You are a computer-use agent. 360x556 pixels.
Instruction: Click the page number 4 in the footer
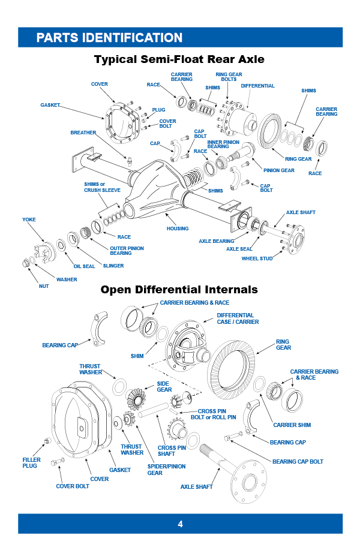pyautogui.click(x=180, y=524)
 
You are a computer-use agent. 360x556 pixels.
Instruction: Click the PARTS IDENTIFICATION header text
pyautogui.click(x=109, y=38)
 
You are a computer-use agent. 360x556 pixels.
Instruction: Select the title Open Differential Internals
pyautogui.click(x=179, y=290)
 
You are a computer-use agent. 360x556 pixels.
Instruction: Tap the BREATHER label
pyautogui.click(x=83, y=133)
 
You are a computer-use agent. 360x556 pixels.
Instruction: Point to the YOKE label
pyautogui.click(x=29, y=220)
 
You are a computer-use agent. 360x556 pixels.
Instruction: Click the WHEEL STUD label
pyautogui.click(x=257, y=259)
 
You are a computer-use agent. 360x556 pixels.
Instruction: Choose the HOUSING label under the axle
pyautogui.click(x=178, y=229)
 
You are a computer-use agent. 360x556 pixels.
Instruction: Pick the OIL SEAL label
pyautogui.click(x=84, y=266)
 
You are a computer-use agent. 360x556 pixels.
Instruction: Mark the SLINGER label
pyautogui.click(x=113, y=265)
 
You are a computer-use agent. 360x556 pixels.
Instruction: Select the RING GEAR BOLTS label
pyautogui.click(x=229, y=77)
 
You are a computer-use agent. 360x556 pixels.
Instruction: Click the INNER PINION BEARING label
pyautogui.click(x=223, y=144)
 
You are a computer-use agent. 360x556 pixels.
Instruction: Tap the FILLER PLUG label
pyautogui.click(x=30, y=462)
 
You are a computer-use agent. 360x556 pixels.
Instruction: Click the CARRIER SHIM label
pyautogui.click(x=292, y=425)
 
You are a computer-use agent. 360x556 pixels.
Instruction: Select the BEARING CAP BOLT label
pyautogui.click(x=298, y=461)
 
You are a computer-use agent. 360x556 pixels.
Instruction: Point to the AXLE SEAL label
pyautogui.click(x=239, y=248)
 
